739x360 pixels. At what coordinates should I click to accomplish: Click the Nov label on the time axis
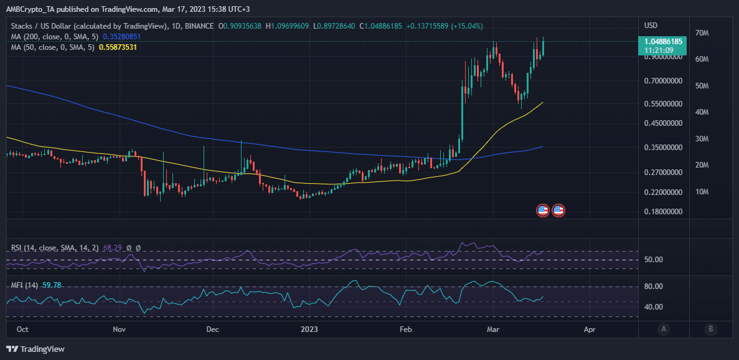tap(120, 329)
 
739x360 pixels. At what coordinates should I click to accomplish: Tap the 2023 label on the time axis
tap(309, 329)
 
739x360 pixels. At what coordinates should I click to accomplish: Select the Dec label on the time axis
tap(212, 329)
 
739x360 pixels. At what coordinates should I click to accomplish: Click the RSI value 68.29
tap(112, 248)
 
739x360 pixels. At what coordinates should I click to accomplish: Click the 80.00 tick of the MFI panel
tap(653, 287)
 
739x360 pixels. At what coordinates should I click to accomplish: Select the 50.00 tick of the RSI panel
tap(653, 260)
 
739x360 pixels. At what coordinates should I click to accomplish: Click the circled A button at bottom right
tap(664, 329)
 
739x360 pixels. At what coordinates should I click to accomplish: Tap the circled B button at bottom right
tap(710, 329)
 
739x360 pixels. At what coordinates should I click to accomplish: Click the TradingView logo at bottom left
tap(35, 349)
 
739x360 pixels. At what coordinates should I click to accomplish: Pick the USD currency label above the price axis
tap(651, 26)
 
